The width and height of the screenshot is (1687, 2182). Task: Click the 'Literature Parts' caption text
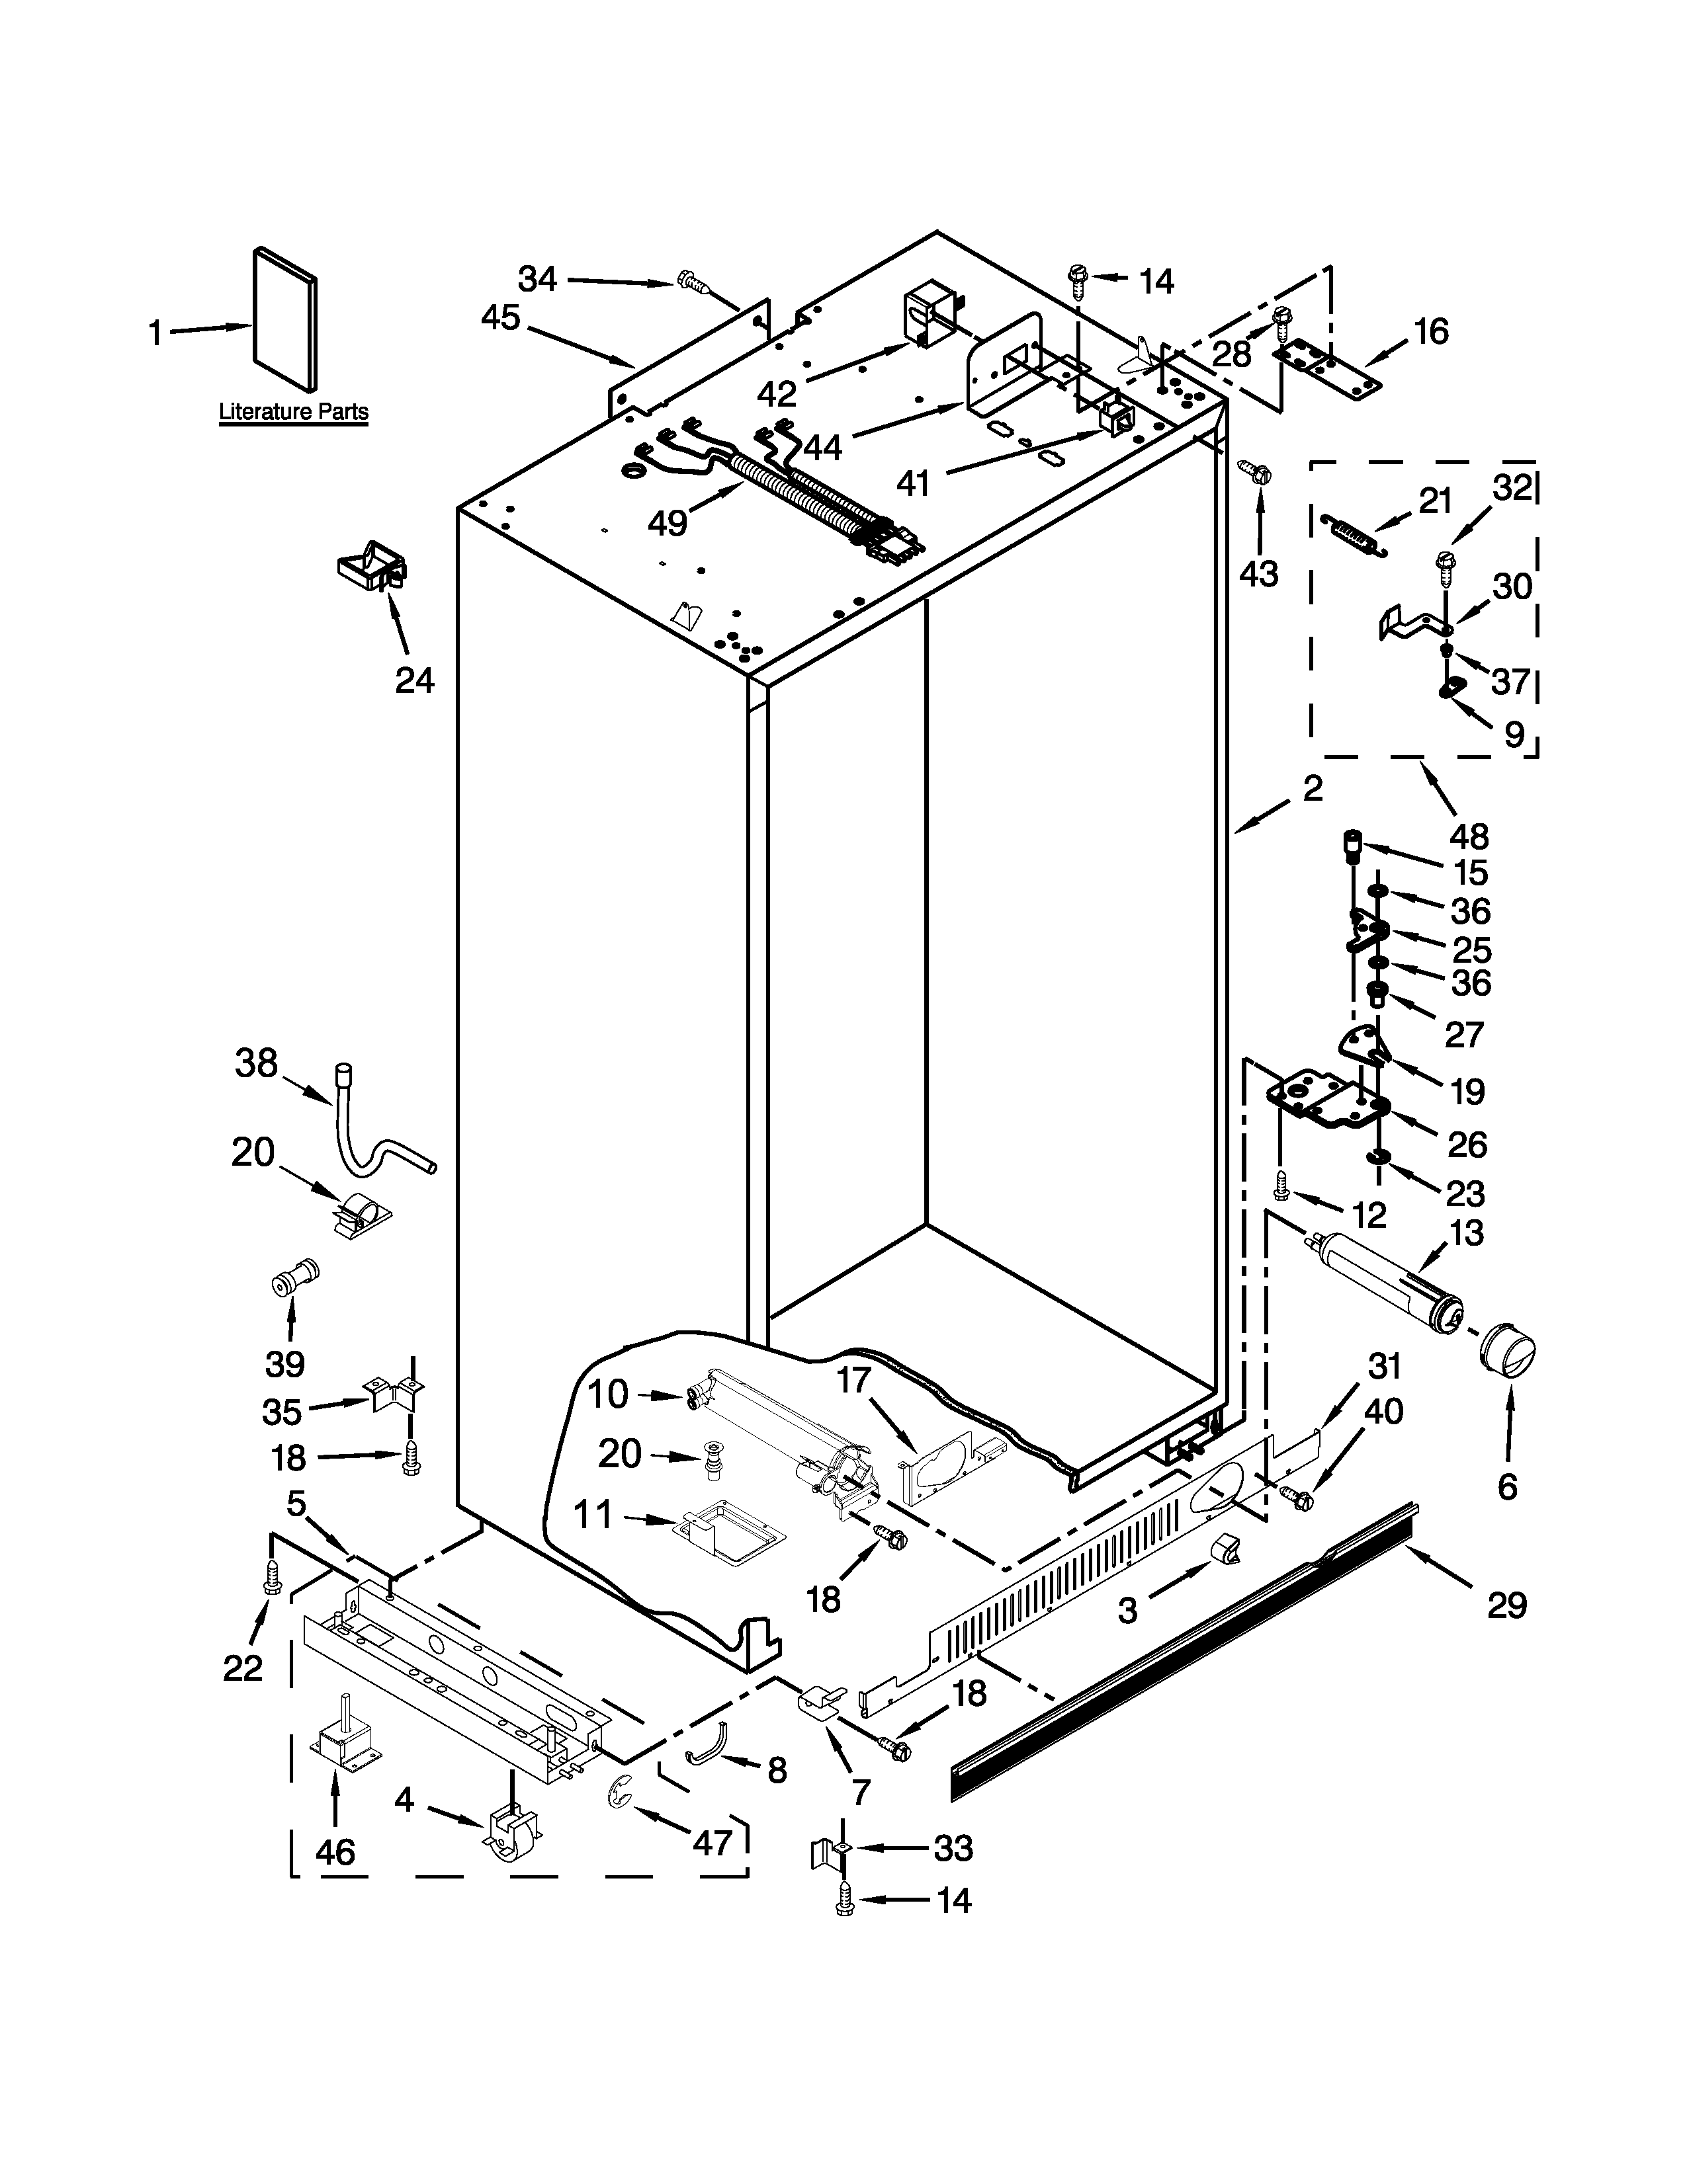(293, 412)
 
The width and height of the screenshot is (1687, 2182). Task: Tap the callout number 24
(415, 680)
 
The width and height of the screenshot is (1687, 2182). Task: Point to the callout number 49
(668, 522)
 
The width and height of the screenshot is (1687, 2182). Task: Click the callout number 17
(853, 1382)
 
